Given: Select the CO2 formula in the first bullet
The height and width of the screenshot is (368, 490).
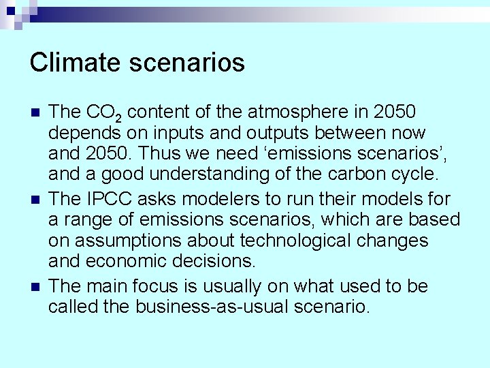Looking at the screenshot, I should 104,112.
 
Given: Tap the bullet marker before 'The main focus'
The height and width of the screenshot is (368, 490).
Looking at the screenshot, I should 35,286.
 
